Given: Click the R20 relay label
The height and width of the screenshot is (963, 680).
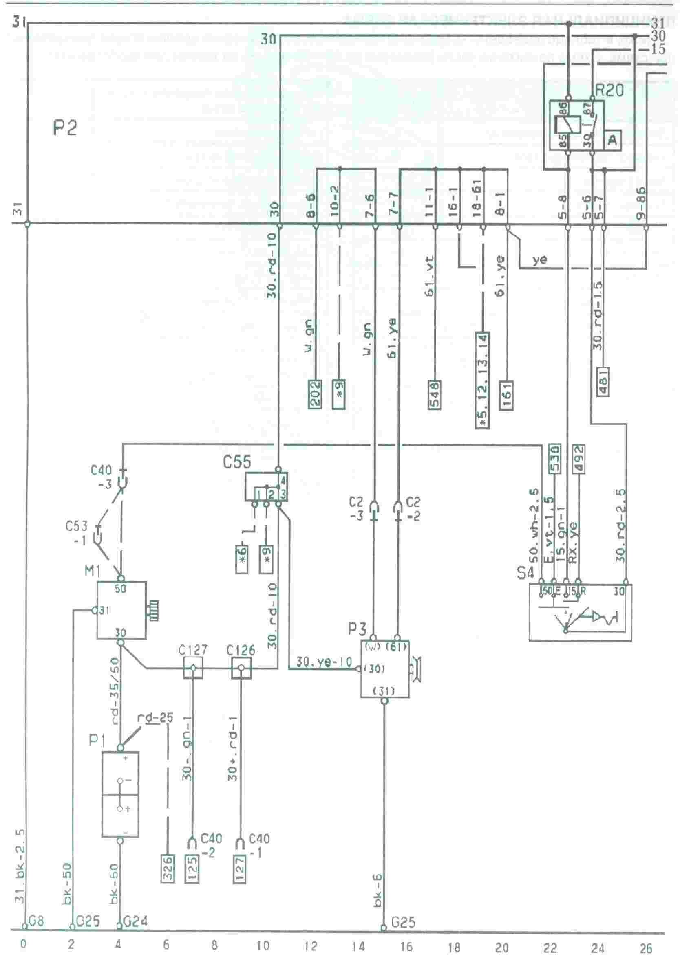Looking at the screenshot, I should [609, 90].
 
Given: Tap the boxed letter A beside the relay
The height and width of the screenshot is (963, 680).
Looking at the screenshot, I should [612, 140].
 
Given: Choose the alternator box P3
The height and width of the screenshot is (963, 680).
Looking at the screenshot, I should [384, 668].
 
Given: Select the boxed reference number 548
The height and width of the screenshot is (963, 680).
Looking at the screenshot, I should [435, 394].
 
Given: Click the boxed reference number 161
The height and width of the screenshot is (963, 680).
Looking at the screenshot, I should [506, 396].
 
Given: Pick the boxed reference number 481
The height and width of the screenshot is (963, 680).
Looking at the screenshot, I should [603, 381].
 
